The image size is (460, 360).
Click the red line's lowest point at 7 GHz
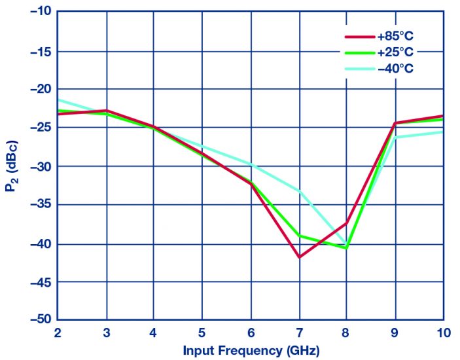pos(299,257)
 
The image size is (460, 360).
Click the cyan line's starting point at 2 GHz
pos(57,99)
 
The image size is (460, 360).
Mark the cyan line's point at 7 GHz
pos(299,191)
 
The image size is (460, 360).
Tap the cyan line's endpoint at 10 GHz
pos(443,132)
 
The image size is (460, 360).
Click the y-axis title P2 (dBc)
pos(11,167)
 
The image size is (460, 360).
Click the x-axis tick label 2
pos(57,333)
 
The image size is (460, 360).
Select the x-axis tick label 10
pos(443,333)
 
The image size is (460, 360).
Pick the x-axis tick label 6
pos(251,333)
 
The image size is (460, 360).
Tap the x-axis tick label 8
pos(347,333)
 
